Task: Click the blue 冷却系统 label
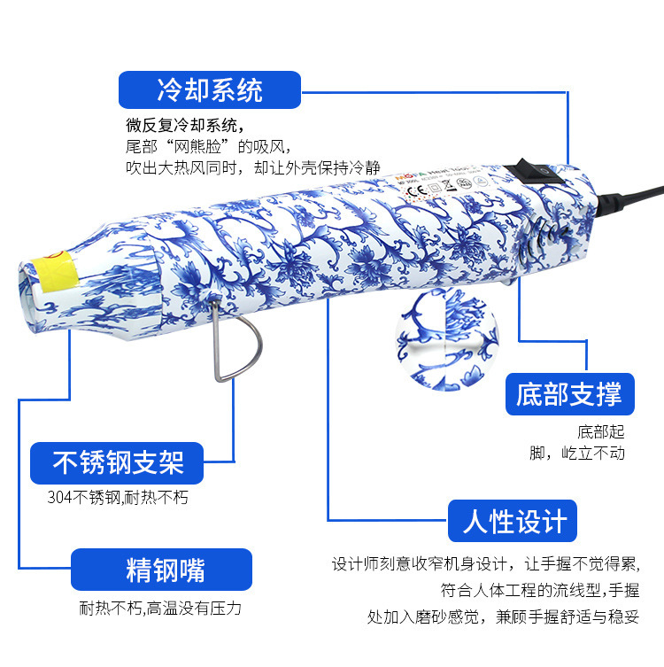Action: tap(210, 89)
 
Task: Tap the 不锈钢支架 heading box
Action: tap(118, 462)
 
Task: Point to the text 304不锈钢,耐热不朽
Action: tap(118, 498)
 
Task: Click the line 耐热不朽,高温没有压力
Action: tap(160, 609)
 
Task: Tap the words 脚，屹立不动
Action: tap(577, 454)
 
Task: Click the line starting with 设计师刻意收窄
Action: tap(484, 563)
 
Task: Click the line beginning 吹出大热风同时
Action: tap(252, 167)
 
